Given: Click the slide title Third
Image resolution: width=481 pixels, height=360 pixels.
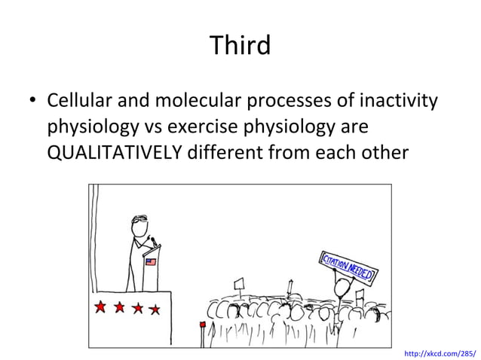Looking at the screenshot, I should click(x=240, y=45).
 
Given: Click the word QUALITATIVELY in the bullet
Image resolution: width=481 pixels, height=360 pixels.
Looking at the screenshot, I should click(x=112, y=153).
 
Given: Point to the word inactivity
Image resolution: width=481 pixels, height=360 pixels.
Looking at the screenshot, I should click(x=399, y=100).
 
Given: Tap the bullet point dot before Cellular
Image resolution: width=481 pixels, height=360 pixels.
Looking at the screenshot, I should click(x=34, y=101).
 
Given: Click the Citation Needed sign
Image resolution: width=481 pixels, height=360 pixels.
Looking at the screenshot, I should click(x=348, y=265).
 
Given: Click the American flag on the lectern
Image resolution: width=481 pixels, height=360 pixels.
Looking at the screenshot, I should click(x=150, y=262).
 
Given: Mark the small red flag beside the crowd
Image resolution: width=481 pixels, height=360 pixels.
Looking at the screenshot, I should click(x=202, y=325).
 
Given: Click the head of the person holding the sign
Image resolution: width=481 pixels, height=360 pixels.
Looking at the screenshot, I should click(x=343, y=287).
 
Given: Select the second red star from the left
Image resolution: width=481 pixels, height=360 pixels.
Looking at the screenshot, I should click(x=119, y=307).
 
